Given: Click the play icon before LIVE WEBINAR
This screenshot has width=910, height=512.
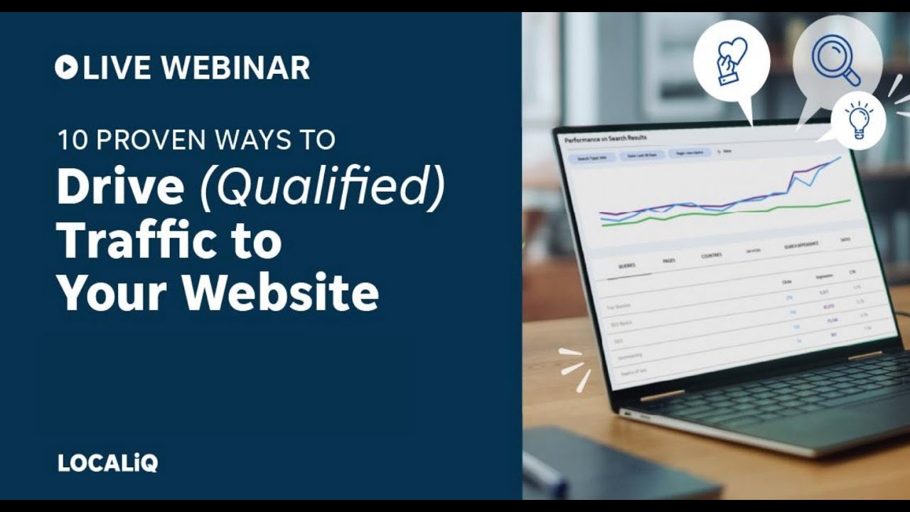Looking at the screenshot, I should (66, 68).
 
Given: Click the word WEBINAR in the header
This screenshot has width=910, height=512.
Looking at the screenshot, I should (235, 68).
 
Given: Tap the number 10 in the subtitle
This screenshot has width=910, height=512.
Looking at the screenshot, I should (72, 139).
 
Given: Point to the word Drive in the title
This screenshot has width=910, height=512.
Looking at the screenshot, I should (120, 188).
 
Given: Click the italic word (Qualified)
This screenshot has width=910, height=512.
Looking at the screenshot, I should (322, 189).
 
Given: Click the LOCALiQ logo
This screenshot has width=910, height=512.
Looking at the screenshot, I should (107, 463).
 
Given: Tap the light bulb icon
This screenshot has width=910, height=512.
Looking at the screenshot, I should (858, 119).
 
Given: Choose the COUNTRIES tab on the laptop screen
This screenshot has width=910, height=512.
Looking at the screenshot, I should (711, 255).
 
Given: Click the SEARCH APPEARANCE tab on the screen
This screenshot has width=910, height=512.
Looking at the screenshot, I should (801, 244).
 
